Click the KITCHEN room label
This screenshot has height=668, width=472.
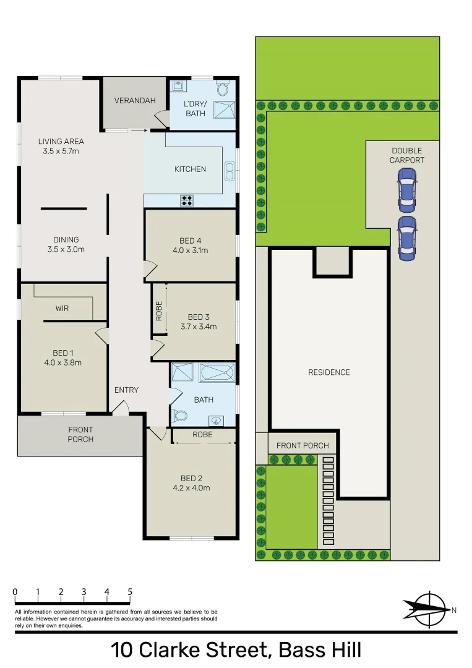click(x=190, y=169)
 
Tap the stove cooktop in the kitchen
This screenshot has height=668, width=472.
click(x=187, y=200)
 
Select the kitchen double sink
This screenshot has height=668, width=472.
click(x=230, y=169)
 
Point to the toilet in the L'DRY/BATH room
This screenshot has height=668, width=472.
click(x=223, y=88)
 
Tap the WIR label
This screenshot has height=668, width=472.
click(x=62, y=307)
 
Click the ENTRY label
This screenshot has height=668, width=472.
click(x=126, y=390)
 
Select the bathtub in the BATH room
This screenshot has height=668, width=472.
click(x=217, y=372)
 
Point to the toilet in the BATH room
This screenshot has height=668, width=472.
click(x=180, y=416)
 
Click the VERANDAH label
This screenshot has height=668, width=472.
click(x=135, y=101)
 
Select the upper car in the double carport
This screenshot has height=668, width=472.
click(x=406, y=187)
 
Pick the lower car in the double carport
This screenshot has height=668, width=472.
click(x=406, y=237)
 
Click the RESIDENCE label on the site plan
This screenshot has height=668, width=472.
click(x=329, y=372)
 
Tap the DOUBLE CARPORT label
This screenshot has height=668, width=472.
click(x=406, y=155)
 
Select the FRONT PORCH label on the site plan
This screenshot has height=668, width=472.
click(x=303, y=445)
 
